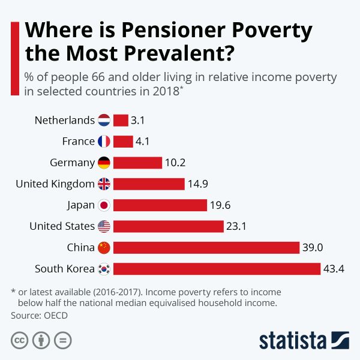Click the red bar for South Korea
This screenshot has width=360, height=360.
point(217,269)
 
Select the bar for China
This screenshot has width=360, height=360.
point(206,248)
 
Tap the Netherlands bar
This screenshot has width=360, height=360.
point(121,120)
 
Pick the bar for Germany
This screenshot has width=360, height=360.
point(137,163)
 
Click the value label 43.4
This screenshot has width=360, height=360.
point(334,269)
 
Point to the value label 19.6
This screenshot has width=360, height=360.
point(220,205)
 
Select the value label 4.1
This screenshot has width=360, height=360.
point(142,142)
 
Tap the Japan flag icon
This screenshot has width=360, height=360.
point(104,205)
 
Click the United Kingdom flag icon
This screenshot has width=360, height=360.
point(104,184)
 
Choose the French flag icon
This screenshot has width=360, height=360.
point(104,142)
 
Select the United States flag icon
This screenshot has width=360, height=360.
point(104,226)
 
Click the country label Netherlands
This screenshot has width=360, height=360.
point(65,120)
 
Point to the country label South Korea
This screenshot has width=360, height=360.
point(65,269)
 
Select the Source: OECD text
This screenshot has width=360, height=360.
point(39,314)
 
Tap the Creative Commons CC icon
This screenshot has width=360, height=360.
point(20,341)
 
